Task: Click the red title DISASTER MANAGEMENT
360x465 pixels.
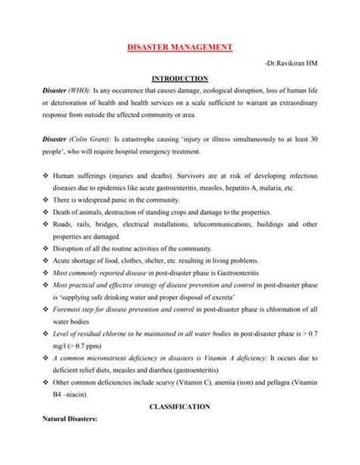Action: [x=179, y=48]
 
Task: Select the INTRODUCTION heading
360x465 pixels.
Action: [x=180, y=77]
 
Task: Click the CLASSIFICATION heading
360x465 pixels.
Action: [x=179, y=429]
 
